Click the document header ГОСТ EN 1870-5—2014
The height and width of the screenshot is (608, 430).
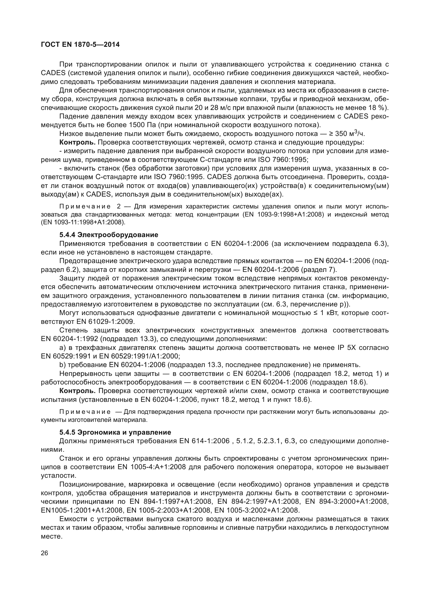coord(80,44)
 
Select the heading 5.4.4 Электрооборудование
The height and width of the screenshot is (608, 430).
coord(109,235)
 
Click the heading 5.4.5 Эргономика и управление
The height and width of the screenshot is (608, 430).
coord(115,433)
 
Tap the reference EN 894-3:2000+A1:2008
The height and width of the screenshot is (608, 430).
coord(347,502)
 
